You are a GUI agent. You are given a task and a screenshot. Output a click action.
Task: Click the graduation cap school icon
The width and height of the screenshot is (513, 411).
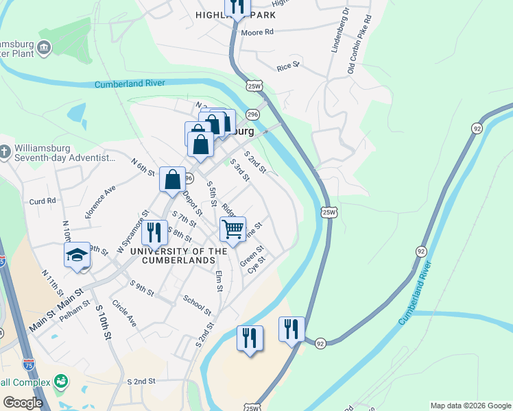pyautogui.click(x=77, y=255)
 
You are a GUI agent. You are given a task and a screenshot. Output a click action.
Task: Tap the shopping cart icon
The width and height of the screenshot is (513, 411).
pyautogui.click(x=233, y=229)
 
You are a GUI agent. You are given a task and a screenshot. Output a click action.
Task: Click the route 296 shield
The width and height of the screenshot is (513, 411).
pyautogui.click(x=252, y=114)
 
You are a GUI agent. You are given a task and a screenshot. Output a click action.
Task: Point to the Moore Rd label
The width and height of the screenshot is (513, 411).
pyautogui.click(x=257, y=32)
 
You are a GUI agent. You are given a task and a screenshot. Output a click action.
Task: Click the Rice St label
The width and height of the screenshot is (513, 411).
pyautogui.click(x=288, y=66)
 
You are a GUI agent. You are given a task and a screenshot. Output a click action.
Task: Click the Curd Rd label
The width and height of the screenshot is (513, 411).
pyautogui.click(x=42, y=201)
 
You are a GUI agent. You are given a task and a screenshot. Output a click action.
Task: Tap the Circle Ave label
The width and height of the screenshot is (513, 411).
pyautogui.click(x=124, y=313)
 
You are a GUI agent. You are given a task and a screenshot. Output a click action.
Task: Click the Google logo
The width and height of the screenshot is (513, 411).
pyautogui.click(x=23, y=403)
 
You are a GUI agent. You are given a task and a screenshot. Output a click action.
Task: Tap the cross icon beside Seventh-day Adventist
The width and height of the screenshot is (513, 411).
pyautogui.click(x=5, y=151)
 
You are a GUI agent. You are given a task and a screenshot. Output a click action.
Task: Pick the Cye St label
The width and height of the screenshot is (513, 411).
pyautogui.click(x=256, y=264)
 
